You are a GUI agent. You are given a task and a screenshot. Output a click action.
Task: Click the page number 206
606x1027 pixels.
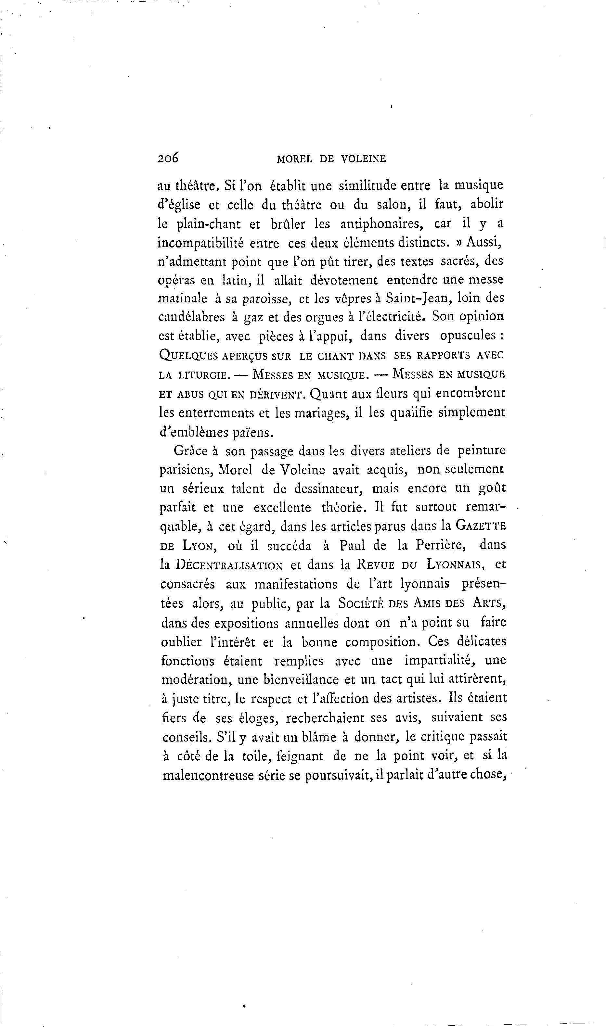(x=168, y=158)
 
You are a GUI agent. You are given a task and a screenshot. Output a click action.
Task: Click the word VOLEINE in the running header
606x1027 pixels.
(x=363, y=159)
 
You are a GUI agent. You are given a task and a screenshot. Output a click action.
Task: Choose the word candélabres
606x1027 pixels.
(x=191, y=317)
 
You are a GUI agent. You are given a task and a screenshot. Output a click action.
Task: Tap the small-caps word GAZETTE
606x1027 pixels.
(x=481, y=526)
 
